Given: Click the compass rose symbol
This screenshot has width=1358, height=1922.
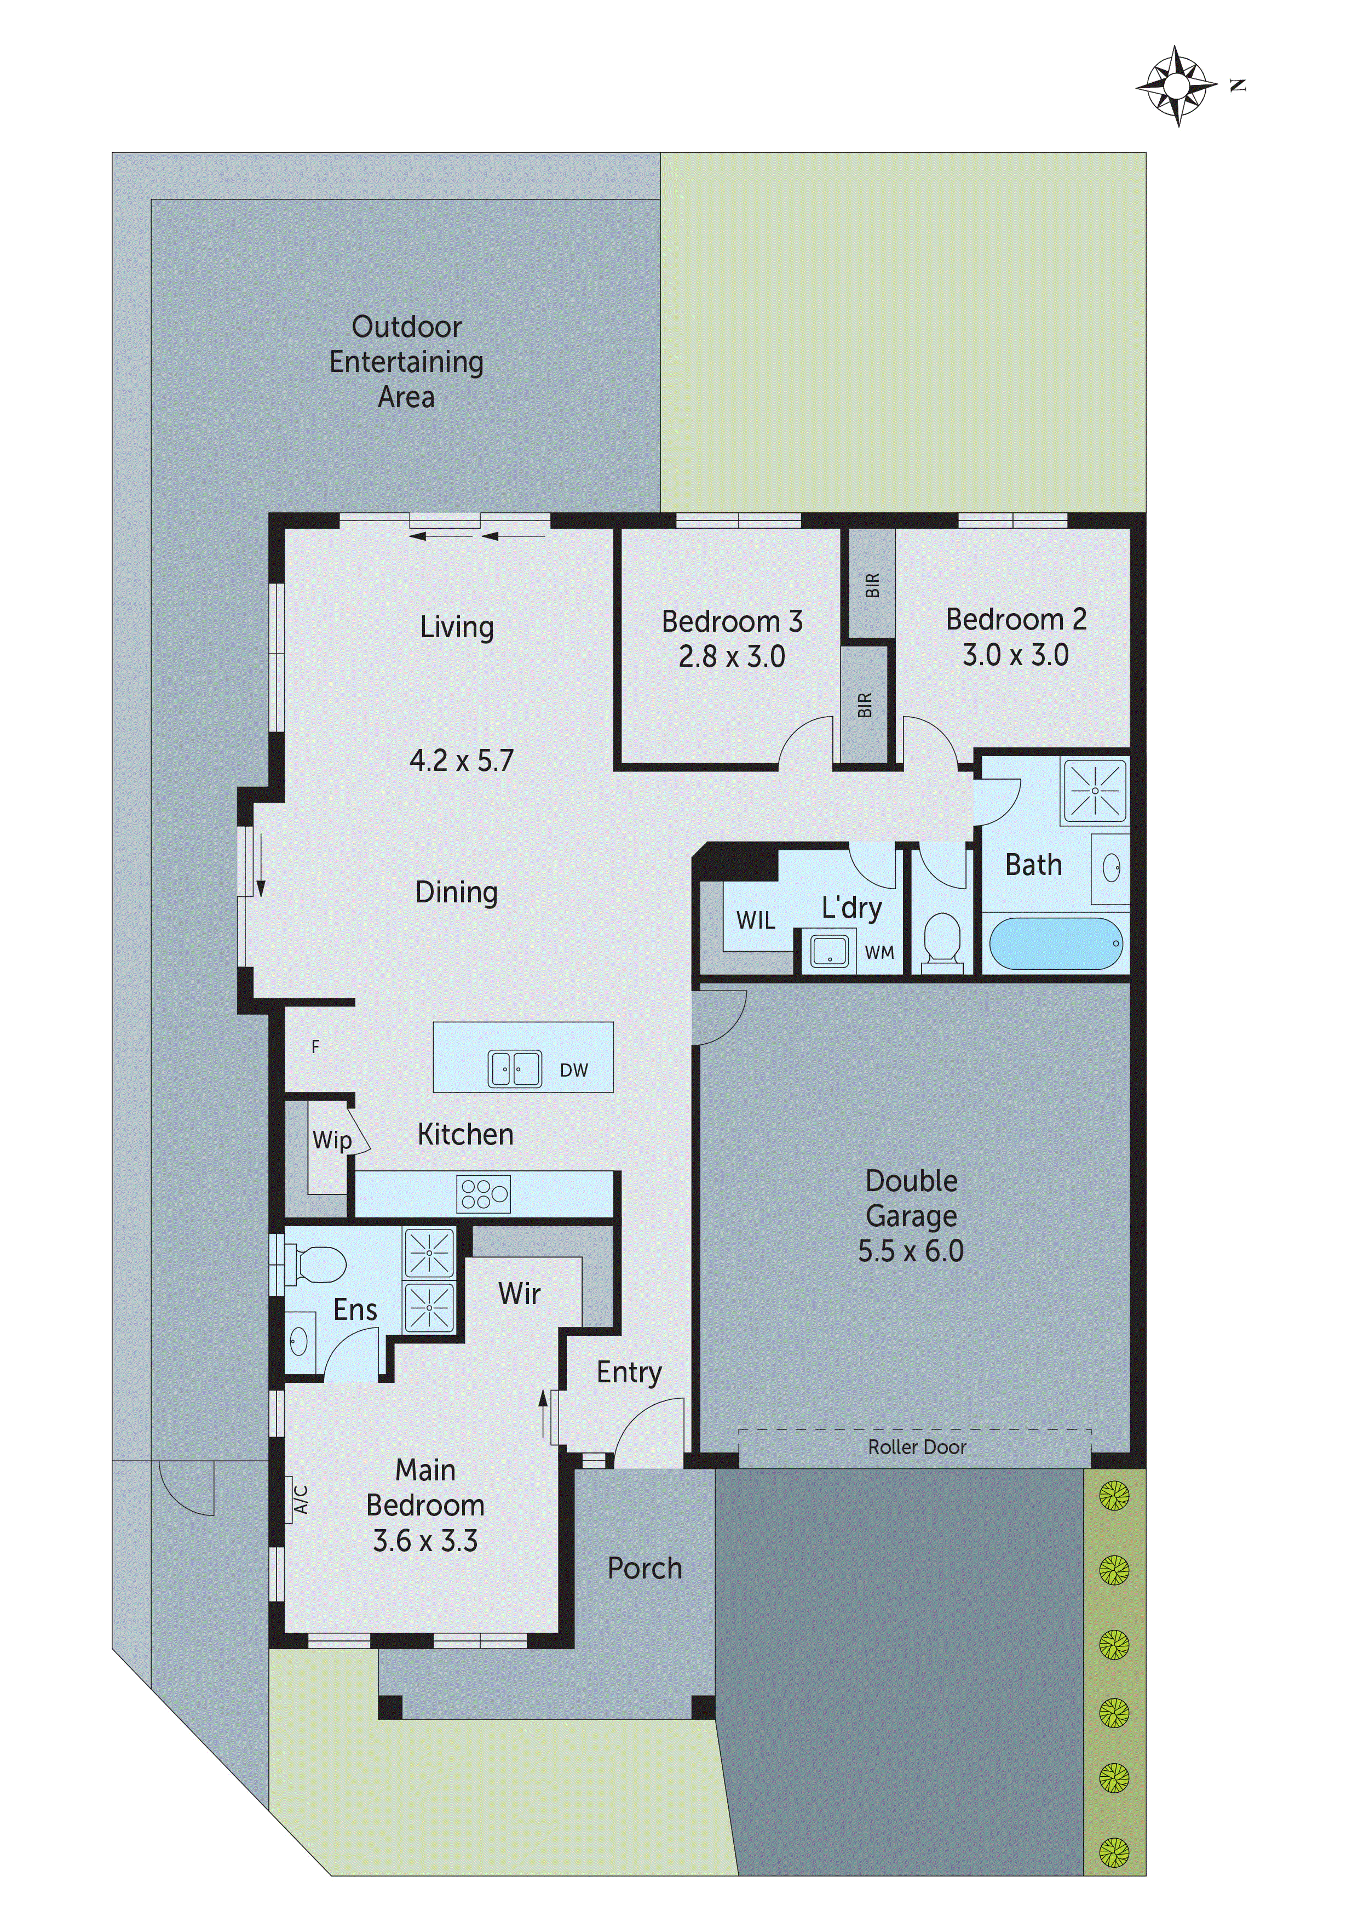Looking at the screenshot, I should click(x=1176, y=86).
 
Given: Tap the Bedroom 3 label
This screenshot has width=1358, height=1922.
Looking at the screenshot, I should click(x=732, y=622).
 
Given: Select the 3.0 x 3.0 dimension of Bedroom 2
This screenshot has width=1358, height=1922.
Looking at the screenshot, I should click(x=1015, y=655).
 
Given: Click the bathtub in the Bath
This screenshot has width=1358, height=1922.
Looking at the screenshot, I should click(x=1055, y=943).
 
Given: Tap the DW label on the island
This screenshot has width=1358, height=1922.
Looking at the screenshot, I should click(x=573, y=1070).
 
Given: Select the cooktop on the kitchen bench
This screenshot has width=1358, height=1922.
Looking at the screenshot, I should click(x=483, y=1194).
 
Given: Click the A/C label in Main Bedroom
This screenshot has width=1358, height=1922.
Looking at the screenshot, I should click(x=301, y=1499).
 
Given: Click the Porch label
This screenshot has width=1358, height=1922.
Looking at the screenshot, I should click(x=645, y=1569).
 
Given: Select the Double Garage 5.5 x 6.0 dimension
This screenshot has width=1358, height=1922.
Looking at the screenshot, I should click(x=911, y=1251).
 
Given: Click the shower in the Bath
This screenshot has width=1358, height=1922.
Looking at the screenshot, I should click(x=1094, y=790).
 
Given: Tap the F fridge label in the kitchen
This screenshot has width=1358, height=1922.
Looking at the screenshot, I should click(x=315, y=1046).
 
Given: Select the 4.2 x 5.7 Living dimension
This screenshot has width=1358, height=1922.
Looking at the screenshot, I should click(x=461, y=760).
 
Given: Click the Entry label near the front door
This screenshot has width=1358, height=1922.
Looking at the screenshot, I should click(x=629, y=1372).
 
